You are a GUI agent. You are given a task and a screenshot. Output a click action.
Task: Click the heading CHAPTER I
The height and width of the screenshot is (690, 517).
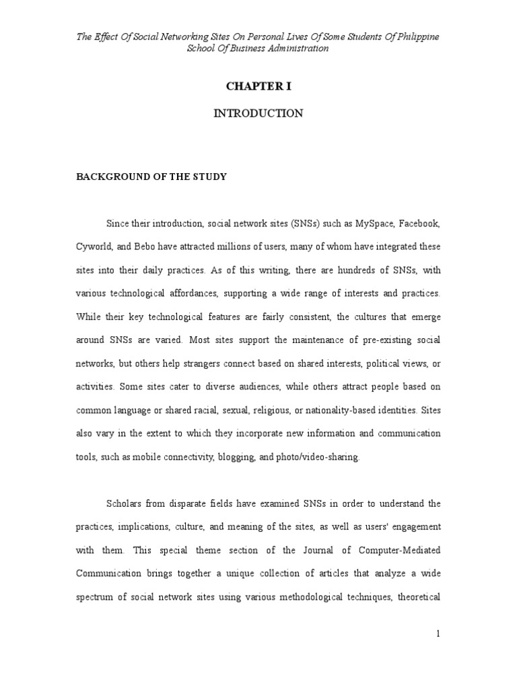click(x=258, y=86)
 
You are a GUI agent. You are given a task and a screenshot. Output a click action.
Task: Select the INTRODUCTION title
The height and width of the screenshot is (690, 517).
click(x=258, y=113)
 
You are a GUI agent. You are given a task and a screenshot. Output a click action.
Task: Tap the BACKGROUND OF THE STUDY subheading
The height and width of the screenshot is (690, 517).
click(x=151, y=177)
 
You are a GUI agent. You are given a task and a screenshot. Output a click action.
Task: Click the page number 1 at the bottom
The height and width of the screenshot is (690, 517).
click(x=437, y=634)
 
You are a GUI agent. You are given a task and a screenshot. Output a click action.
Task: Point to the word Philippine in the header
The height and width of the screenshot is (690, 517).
click(x=417, y=36)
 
